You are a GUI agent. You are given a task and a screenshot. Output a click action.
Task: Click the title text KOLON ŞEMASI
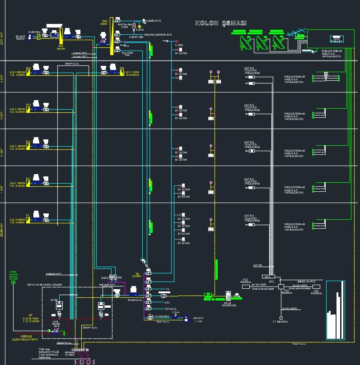220,23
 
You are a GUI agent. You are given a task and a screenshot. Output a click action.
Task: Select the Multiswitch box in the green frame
336,39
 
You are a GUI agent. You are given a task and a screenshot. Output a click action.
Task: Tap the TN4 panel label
28,68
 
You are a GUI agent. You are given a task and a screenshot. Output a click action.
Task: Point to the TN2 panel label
28,142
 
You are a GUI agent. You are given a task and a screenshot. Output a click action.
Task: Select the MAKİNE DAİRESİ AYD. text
158,35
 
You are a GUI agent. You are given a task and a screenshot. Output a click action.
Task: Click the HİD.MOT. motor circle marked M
185,318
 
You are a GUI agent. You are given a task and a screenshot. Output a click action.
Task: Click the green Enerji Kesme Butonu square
13,285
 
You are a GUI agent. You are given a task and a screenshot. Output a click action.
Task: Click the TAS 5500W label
61,47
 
